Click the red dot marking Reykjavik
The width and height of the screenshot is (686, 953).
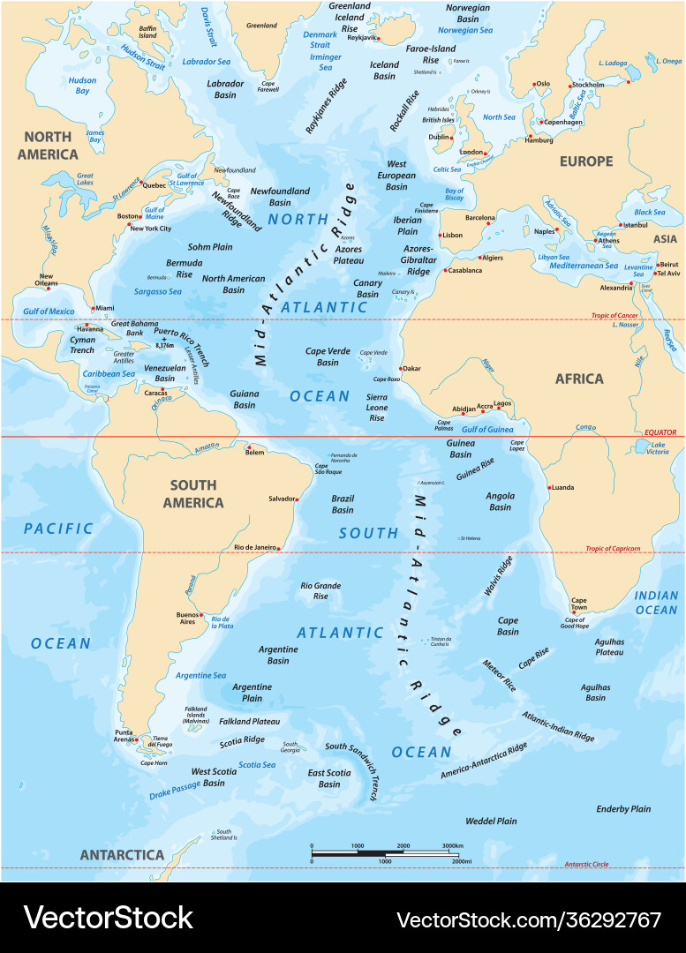376,39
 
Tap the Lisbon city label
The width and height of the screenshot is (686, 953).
452,236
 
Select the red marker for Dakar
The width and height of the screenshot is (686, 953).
402,368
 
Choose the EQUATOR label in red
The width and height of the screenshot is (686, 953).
659,432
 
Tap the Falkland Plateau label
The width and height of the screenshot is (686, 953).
249,721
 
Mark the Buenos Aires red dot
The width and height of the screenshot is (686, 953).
202,615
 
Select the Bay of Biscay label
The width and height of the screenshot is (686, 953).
454,195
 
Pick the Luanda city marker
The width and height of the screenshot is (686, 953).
549,488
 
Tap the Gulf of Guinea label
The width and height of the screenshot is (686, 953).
487,429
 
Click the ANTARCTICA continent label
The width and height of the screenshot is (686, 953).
122,854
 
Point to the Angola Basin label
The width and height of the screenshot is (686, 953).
500,501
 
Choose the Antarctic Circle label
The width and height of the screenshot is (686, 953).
590,864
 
